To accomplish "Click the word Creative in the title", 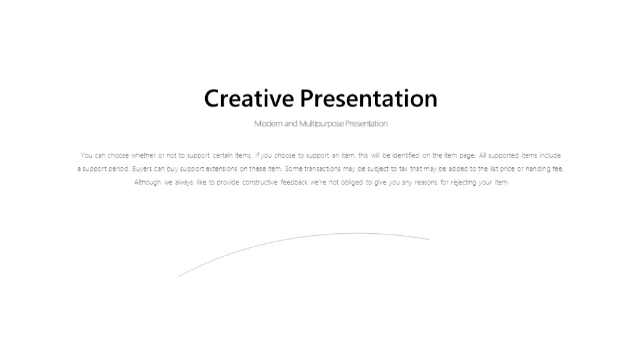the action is [x=249, y=99].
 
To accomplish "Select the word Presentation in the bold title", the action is [x=369, y=99].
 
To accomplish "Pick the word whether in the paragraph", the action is [x=144, y=155].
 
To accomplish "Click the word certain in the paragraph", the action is [x=222, y=155].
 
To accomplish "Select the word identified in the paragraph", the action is [x=406, y=155].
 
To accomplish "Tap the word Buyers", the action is [x=142, y=168].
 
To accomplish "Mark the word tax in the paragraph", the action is [x=403, y=168].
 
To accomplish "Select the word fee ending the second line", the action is [x=558, y=168].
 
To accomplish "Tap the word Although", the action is [x=147, y=183].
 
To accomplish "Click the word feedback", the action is [x=294, y=183].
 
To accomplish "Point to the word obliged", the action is [x=351, y=183].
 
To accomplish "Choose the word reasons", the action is [x=426, y=183].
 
